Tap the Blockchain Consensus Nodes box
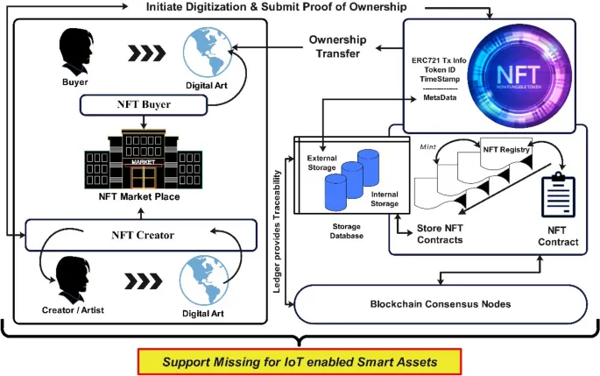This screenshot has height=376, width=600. [x=441, y=303]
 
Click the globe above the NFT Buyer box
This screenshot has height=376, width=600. [x=205, y=48]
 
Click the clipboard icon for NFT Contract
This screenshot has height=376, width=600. [x=557, y=195]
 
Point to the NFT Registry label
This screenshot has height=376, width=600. [x=506, y=150]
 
